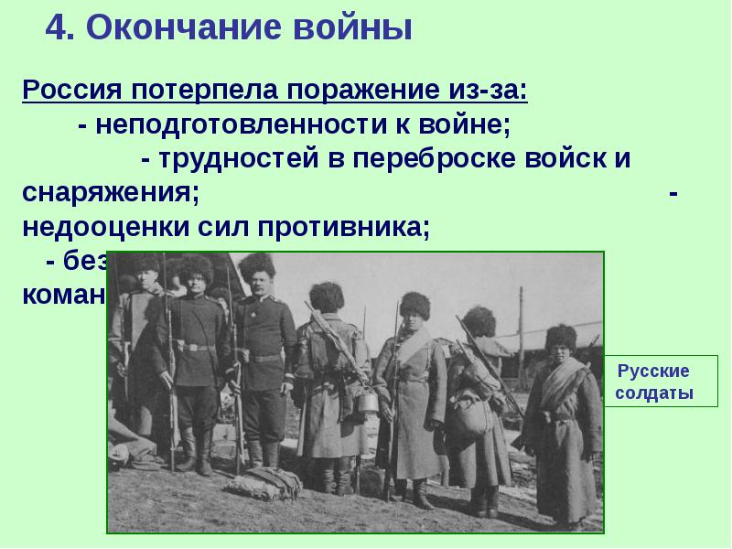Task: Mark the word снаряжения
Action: click(x=106, y=193)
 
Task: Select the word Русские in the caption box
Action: click(x=653, y=371)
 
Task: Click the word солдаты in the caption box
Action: click(x=653, y=393)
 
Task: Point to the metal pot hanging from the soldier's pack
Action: click(x=368, y=401)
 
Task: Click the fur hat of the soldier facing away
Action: click(x=325, y=295)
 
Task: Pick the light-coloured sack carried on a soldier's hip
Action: click(x=471, y=413)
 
